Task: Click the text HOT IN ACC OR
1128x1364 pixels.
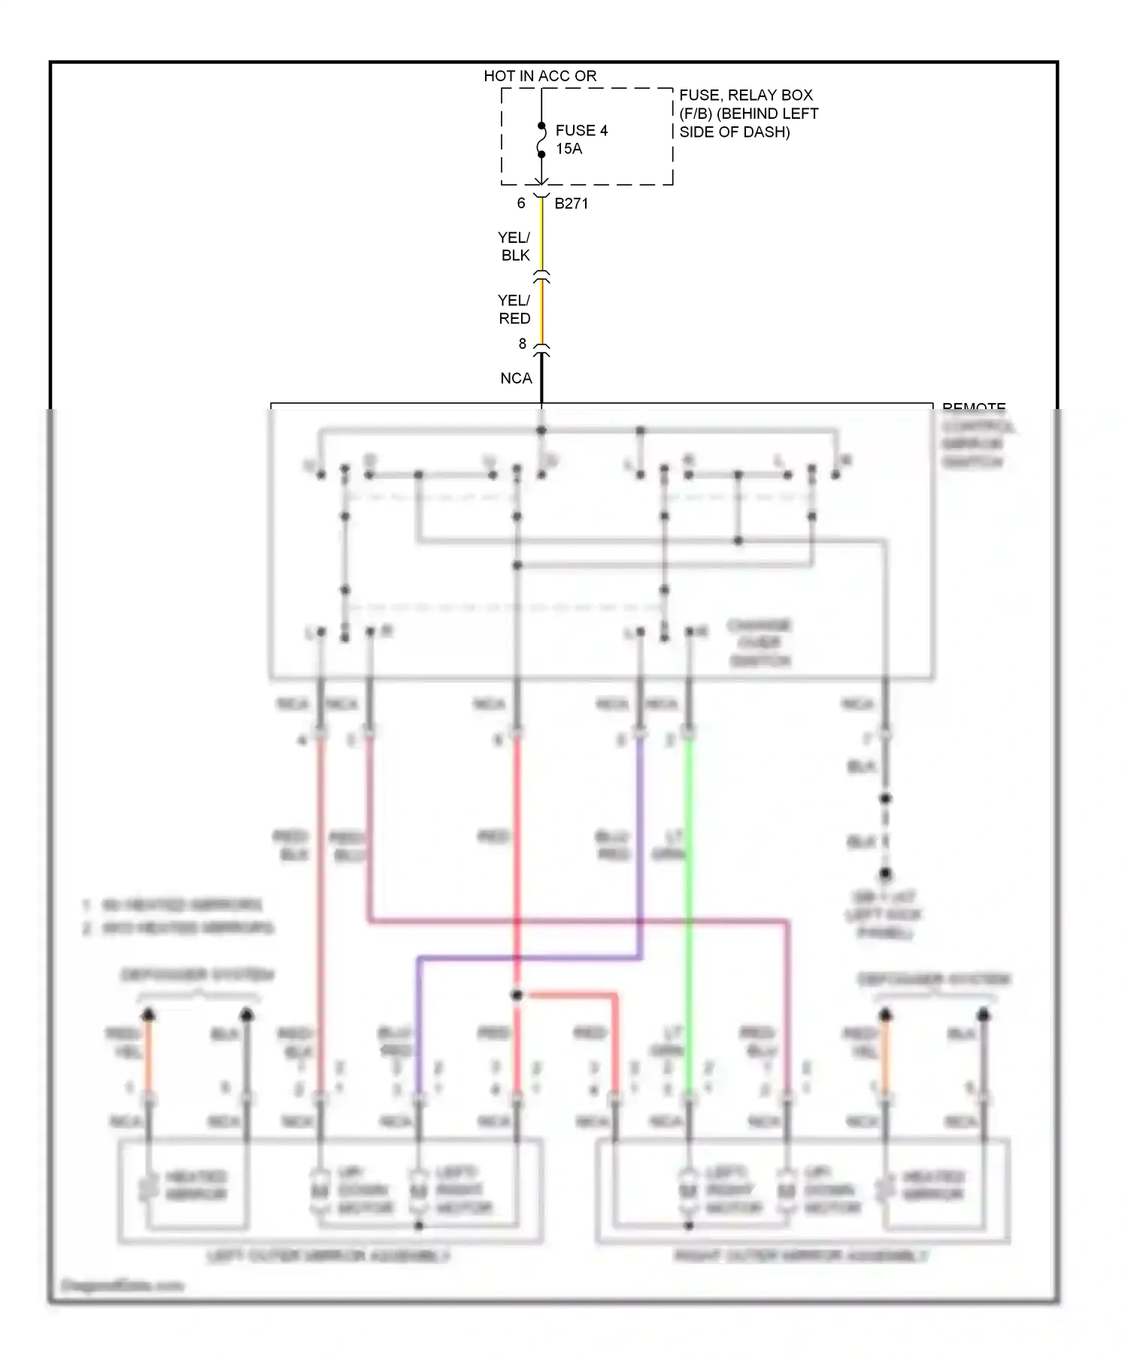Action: coord(540,76)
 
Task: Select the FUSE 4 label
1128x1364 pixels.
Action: coord(581,130)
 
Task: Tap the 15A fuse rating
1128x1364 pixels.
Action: coord(569,149)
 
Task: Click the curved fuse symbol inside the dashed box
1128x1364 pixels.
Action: coord(541,141)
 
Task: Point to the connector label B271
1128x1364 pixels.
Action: coord(572,203)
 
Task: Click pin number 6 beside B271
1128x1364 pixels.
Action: coord(520,203)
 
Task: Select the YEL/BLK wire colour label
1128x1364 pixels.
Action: coord(514,247)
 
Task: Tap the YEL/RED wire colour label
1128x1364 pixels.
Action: coord(514,309)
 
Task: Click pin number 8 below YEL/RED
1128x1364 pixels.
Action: coord(522,344)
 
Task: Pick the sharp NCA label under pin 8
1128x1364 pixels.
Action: coord(516,378)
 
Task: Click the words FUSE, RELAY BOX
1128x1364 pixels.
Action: coord(746,95)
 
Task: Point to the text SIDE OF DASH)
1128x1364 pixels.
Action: coord(735,132)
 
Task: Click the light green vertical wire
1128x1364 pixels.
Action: coord(689,902)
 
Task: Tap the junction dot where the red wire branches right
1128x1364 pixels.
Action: coord(517,996)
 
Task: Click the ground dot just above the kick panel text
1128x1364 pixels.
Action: coord(885,874)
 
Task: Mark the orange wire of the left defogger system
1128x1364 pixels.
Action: coord(149,1053)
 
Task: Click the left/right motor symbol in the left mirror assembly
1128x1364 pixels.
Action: coord(419,1190)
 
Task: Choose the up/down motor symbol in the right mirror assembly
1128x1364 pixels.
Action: coord(787,1190)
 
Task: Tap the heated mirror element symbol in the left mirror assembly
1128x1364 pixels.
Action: coord(147,1187)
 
